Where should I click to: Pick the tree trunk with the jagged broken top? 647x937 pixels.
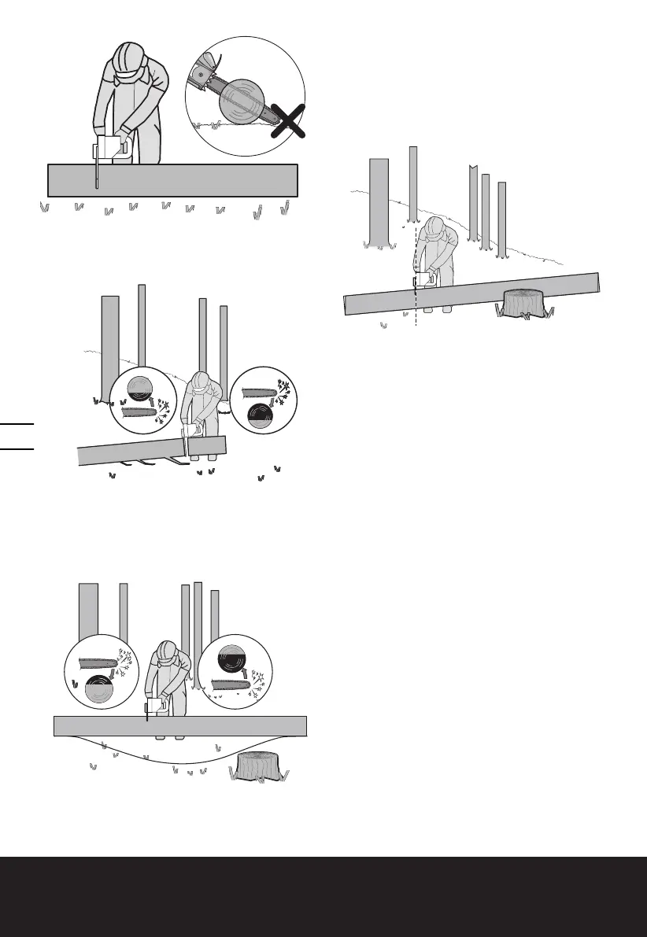coord(473,203)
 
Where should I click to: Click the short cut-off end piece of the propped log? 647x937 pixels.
coord(208,446)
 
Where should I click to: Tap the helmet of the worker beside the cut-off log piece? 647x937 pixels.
coord(201,382)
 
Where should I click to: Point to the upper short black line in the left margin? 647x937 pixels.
coord(18,423)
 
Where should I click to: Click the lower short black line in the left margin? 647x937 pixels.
coord(18,448)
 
